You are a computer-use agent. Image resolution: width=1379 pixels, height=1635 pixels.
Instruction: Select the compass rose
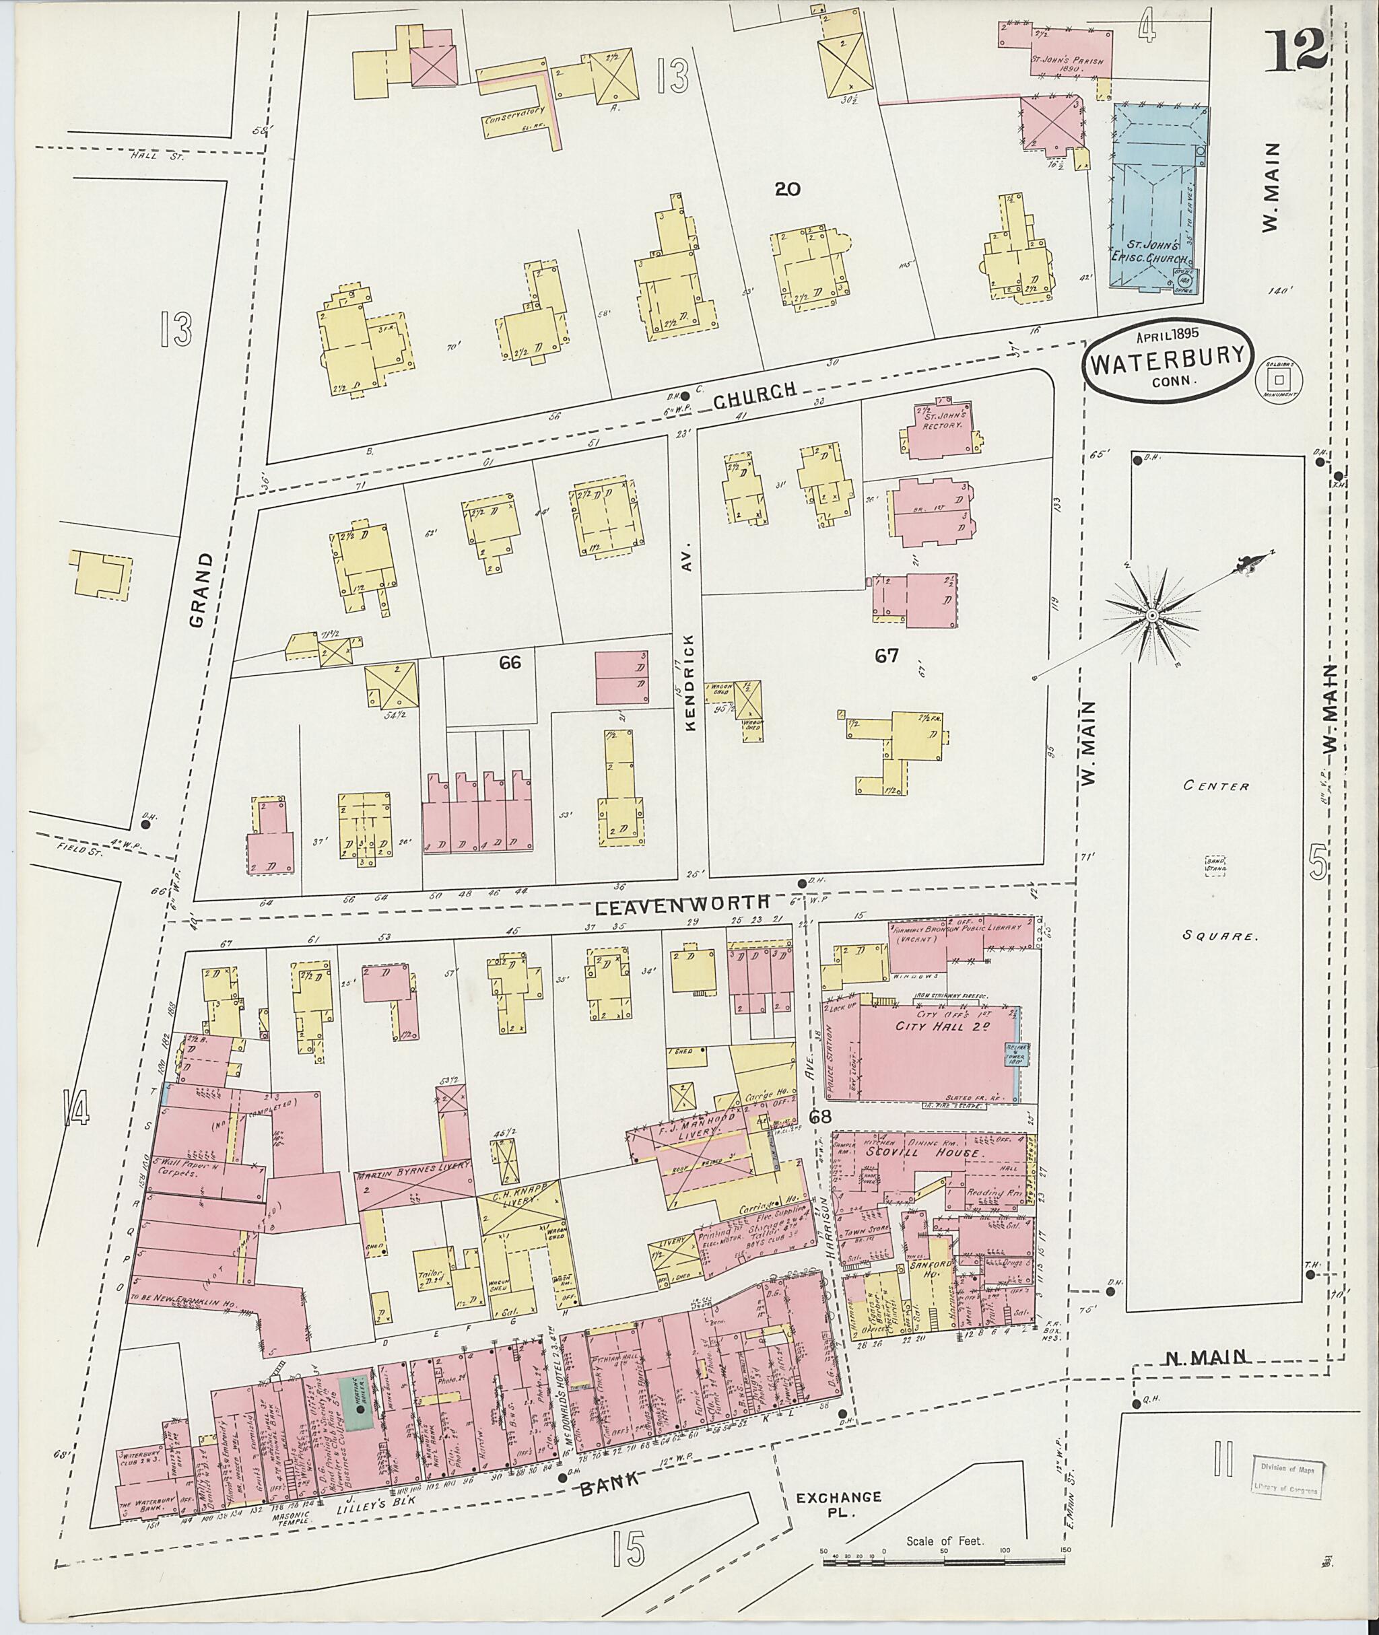1151,617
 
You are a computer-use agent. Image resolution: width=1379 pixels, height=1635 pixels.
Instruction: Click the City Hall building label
932,1027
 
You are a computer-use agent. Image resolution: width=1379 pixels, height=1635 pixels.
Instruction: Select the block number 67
887,656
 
